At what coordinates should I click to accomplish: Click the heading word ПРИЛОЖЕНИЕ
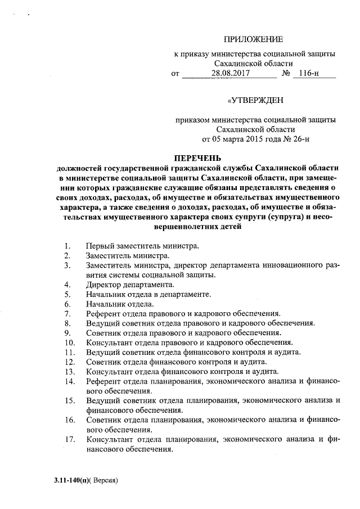(x=254, y=39)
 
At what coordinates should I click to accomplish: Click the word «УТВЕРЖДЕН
(x=255, y=101)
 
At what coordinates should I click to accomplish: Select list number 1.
(x=67, y=246)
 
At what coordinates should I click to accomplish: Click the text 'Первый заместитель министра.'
(x=142, y=246)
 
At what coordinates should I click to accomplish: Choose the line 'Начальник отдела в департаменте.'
(x=148, y=294)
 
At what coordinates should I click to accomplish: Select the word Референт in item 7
(x=104, y=313)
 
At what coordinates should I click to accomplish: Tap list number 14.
(x=70, y=381)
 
